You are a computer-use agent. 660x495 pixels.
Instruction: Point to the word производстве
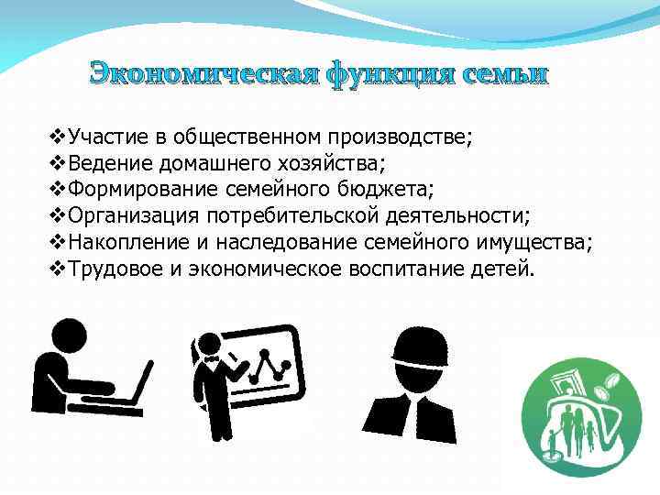[x=398, y=138]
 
